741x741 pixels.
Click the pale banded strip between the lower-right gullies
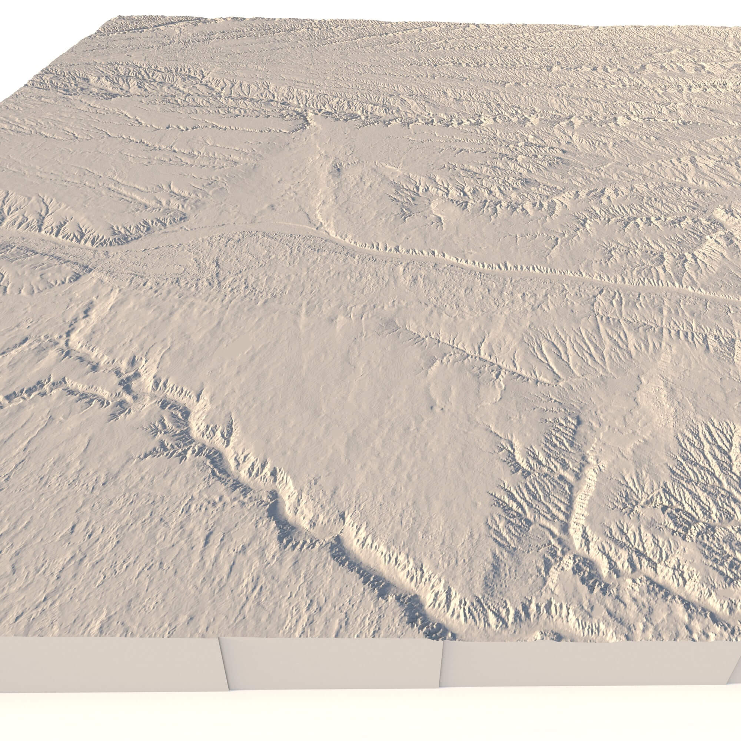[x=583, y=499]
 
